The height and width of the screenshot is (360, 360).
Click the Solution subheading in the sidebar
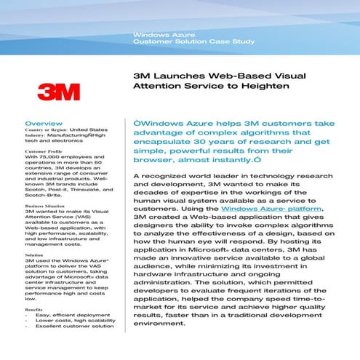click(x=34, y=255)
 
